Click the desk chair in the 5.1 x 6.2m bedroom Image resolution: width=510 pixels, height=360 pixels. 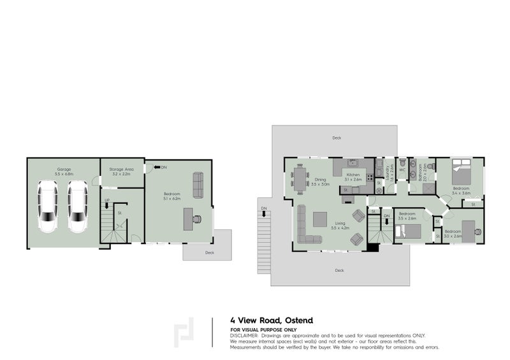(x=200, y=219)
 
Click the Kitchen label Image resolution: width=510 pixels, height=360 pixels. (x=354, y=176)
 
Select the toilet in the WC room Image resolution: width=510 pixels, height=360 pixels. (x=403, y=164)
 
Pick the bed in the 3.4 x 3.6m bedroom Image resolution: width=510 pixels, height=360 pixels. (x=460, y=171)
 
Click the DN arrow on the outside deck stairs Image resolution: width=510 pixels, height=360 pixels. (x=262, y=208)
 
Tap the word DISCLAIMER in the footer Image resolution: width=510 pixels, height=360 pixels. (x=245, y=335)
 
